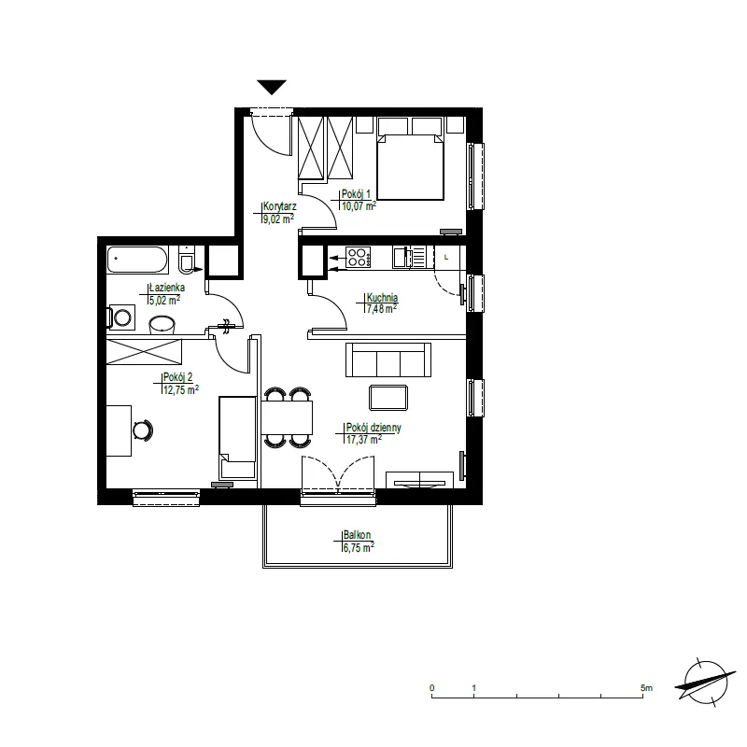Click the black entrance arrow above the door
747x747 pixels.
coord(272,87)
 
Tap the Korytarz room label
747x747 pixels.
coord(279,206)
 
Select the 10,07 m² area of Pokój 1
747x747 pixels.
coord(359,205)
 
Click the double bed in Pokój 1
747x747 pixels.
coord(410,159)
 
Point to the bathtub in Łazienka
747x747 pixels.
coord(137,260)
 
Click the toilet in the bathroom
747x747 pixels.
coord(187,260)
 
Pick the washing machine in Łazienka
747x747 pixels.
coord(121,317)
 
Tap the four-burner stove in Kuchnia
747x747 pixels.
coord(358,258)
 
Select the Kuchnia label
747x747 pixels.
coord(382,297)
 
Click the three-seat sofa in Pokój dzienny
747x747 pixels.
coord(388,359)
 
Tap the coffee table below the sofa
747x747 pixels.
coord(388,398)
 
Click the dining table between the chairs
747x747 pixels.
coord(287,417)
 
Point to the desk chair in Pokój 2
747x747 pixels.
coord(143,430)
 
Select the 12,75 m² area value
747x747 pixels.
coord(181,390)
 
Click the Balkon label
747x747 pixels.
coord(357,535)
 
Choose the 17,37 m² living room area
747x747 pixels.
coord(364,439)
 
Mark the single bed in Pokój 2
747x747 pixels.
coord(237,437)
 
